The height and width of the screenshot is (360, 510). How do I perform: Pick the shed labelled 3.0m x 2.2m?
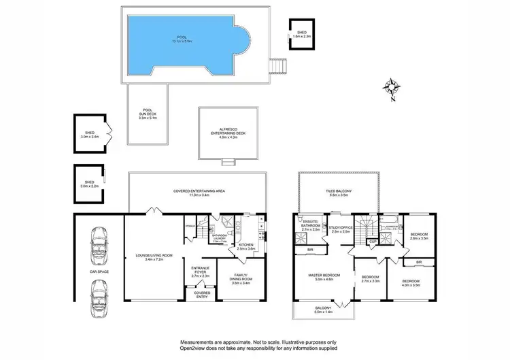(x=90, y=183)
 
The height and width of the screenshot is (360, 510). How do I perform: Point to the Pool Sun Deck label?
(x=147, y=114)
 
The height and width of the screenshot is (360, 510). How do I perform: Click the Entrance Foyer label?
(x=200, y=272)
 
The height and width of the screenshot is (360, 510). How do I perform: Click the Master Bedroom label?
(x=324, y=276)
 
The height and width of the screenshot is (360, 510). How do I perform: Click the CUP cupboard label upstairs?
(x=373, y=242)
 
